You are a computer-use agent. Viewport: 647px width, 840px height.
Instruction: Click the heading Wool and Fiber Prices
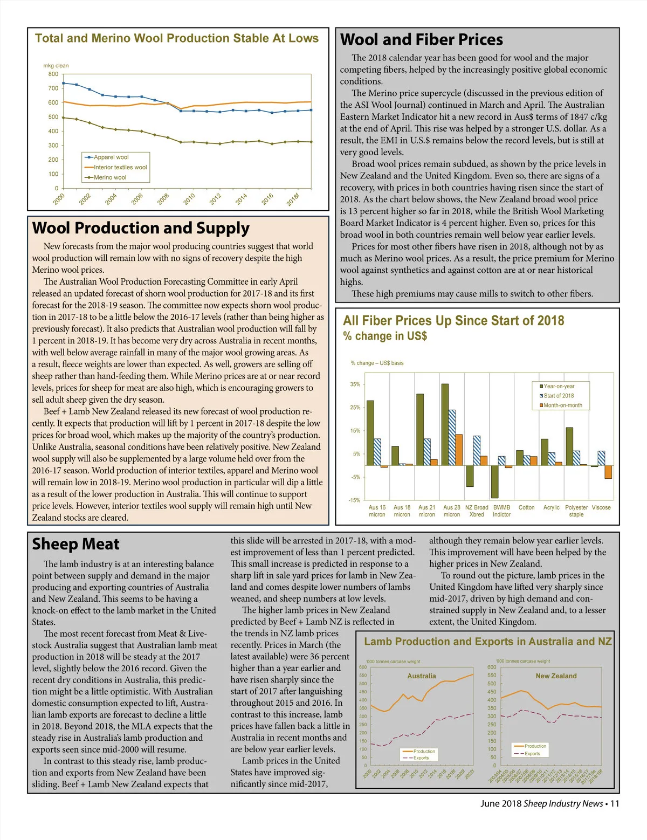[x=421, y=40]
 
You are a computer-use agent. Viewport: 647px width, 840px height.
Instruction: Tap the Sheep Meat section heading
[x=75, y=544]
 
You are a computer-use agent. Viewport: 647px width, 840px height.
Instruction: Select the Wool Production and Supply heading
[x=141, y=228]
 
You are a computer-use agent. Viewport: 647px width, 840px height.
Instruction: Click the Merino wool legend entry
[x=110, y=177]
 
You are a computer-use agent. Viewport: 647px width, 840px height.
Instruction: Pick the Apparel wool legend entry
[x=111, y=157]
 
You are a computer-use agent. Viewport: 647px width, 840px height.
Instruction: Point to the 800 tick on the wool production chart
[x=53, y=74]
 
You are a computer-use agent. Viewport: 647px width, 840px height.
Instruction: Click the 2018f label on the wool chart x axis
[x=293, y=199]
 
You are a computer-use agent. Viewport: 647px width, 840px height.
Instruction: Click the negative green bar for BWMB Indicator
[x=494, y=481]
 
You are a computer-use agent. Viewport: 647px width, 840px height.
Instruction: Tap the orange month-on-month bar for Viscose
[x=608, y=472]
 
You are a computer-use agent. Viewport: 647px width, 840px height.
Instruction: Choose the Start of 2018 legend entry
[x=559, y=396]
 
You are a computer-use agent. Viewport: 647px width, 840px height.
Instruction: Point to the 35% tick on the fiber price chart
[x=355, y=384]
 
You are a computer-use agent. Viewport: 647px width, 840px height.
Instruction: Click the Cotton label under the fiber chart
[x=526, y=507]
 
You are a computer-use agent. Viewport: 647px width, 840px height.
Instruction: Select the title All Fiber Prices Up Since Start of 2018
[x=453, y=321]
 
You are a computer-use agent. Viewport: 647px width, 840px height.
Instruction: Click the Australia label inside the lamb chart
[x=422, y=676]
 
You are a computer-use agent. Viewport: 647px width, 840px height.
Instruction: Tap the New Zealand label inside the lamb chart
[x=556, y=676]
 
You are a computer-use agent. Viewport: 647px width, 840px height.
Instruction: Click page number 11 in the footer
[x=615, y=804]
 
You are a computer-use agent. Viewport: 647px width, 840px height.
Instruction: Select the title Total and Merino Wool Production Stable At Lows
[x=177, y=38]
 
